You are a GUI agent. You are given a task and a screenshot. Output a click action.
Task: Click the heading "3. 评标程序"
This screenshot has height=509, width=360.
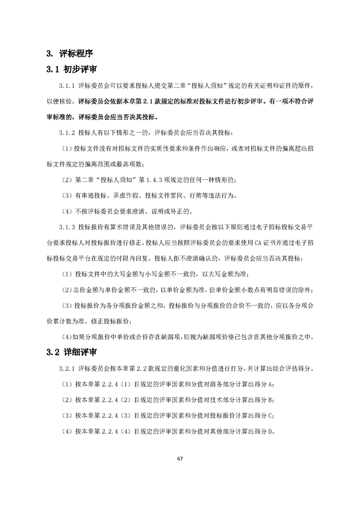[x=70, y=54]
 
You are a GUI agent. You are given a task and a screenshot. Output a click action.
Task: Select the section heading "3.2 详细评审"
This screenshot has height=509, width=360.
[x=69, y=352]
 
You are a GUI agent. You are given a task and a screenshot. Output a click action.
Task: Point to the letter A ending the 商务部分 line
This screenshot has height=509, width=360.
[x=271, y=384]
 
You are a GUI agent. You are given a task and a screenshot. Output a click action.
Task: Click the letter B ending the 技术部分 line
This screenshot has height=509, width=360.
[x=271, y=400]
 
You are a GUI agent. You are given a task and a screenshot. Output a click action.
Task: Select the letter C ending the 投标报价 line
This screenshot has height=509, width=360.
[x=271, y=416]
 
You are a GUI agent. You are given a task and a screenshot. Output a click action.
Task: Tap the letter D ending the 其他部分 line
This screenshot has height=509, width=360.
[x=271, y=431]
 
